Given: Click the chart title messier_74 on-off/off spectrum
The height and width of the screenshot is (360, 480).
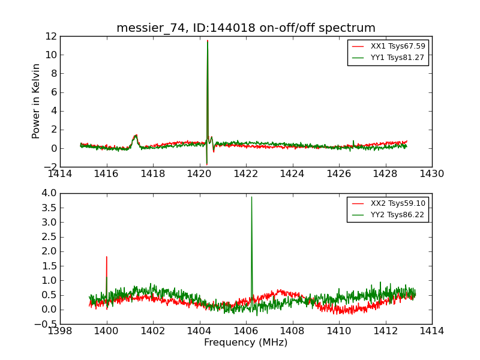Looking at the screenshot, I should tap(246, 28).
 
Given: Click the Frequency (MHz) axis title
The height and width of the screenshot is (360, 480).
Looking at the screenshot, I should tap(246, 343).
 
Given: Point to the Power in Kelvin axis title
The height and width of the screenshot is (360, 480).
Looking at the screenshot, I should tap(37, 101).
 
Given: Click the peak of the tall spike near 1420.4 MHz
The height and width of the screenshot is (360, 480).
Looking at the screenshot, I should tap(208, 41).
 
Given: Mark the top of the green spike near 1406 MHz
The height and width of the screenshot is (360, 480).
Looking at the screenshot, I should tap(251, 197).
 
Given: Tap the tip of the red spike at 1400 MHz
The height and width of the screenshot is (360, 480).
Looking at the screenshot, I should tap(107, 257).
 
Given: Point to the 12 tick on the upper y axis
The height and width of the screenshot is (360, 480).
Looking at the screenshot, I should tap(50, 36).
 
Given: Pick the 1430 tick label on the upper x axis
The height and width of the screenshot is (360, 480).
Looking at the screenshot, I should tap(431, 174).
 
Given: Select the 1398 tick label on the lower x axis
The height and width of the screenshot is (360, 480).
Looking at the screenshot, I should tap(61, 331).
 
